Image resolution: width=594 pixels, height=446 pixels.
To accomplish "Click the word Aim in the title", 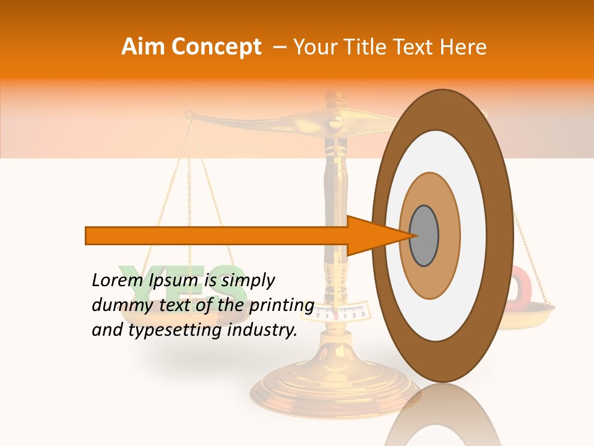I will pyautogui.click(x=142, y=47).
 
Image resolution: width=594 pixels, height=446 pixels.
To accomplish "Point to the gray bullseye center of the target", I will pyautogui.click(x=424, y=236).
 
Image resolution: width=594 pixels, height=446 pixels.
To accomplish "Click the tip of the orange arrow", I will pyautogui.click(x=413, y=236).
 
